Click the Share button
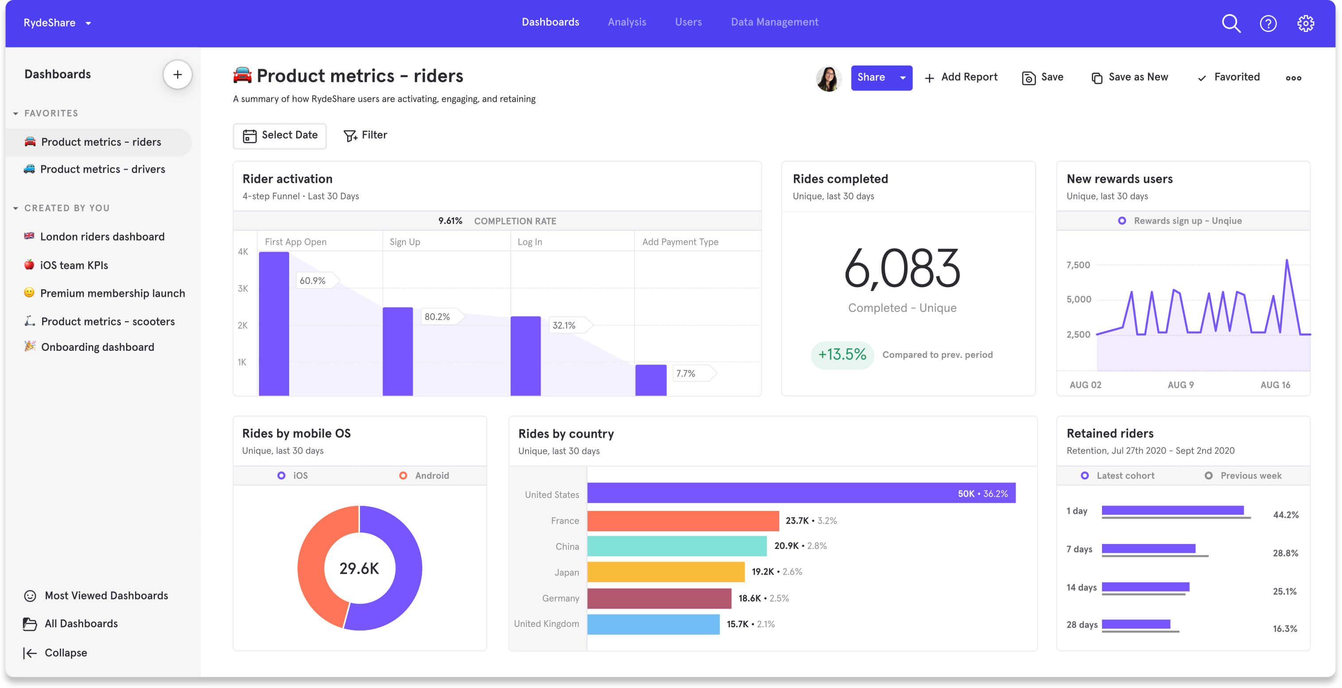(x=871, y=78)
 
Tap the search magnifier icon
(x=1230, y=23)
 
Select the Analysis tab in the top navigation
(x=627, y=22)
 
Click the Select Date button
(x=280, y=136)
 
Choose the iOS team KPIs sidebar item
(x=74, y=265)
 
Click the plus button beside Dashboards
(x=177, y=74)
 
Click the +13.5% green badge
(x=842, y=355)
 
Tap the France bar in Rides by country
(x=682, y=521)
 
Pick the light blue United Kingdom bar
(x=653, y=624)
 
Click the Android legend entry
(x=425, y=475)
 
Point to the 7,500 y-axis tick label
(x=1078, y=265)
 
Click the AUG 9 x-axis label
(x=1180, y=385)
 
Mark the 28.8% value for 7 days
(x=1285, y=553)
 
